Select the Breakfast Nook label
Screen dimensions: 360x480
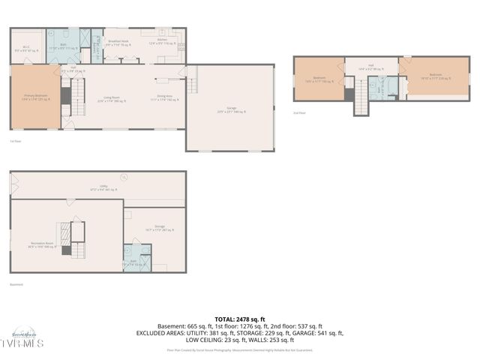tap(118, 43)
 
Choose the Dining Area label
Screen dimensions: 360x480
tap(166, 97)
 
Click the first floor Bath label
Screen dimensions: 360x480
tap(64, 47)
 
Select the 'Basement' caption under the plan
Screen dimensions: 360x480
tap(16, 284)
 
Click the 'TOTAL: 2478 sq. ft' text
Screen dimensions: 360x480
tap(240, 318)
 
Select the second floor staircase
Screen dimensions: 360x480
tap(362, 95)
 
